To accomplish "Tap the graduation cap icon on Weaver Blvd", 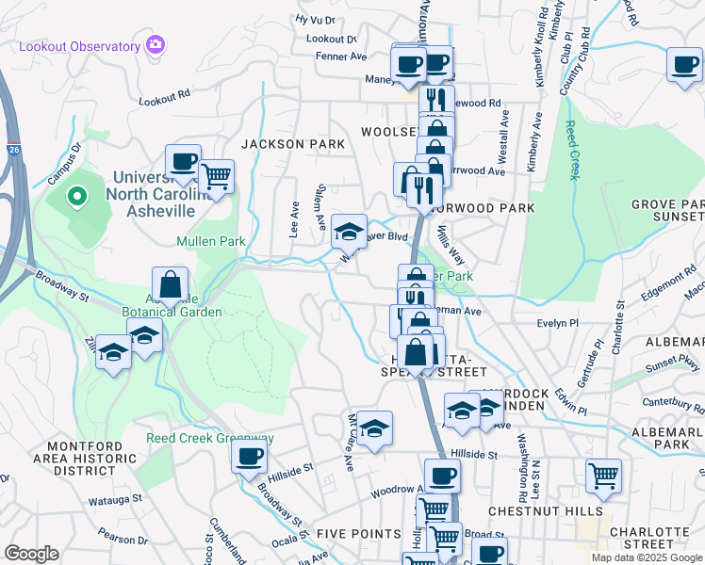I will pyautogui.click(x=349, y=231).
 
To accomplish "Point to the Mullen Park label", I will pyautogui.click(x=210, y=241).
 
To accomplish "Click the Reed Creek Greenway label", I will pyautogui.click(x=209, y=438).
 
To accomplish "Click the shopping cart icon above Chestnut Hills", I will pyautogui.click(x=603, y=476).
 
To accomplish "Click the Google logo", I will pyautogui.click(x=32, y=554).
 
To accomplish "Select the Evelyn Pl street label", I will pyautogui.click(x=556, y=323).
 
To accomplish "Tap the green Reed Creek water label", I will pyautogui.click(x=570, y=151).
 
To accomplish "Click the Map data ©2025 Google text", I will pyautogui.click(x=647, y=557).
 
